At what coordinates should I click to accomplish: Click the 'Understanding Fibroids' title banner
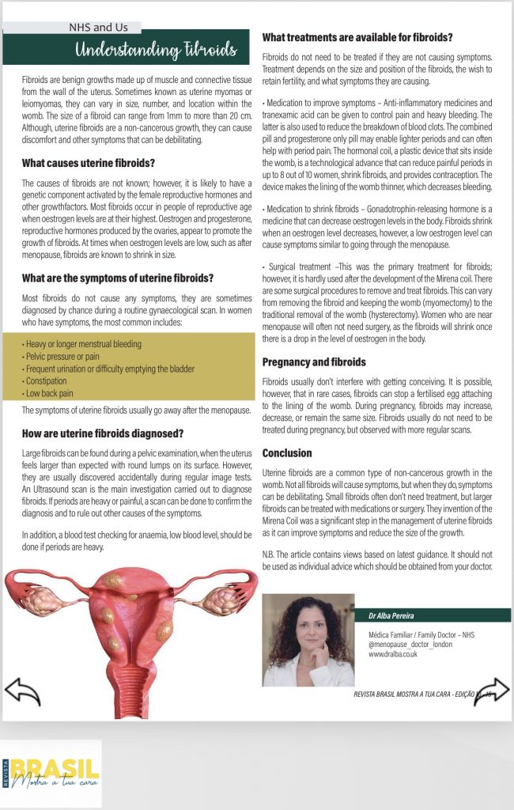tap(156, 51)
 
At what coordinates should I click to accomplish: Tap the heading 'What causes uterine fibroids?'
tap(89, 164)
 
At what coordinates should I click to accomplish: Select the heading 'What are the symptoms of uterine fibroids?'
tap(118, 278)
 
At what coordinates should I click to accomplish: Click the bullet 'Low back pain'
tap(50, 392)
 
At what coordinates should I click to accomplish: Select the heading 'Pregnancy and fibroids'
tap(314, 361)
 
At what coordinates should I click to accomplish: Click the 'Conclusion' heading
tap(287, 453)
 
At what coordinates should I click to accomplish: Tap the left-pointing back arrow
tap(22, 691)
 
